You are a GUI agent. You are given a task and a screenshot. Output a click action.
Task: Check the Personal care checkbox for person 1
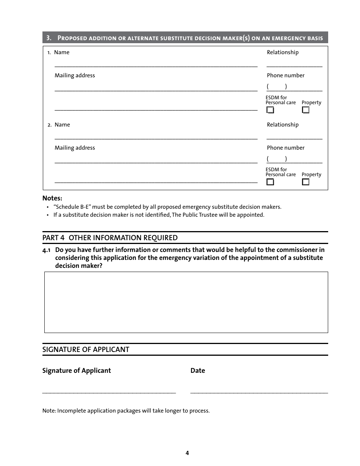point(270,110)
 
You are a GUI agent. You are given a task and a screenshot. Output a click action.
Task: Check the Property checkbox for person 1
point(306,110)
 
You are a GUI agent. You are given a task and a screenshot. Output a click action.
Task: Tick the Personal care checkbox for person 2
point(270,182)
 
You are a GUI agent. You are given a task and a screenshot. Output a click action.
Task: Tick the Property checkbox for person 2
point(306,182)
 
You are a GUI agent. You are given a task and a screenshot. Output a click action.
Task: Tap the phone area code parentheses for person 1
point(277,87)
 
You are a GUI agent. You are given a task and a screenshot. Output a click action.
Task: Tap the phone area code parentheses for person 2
point(277,159)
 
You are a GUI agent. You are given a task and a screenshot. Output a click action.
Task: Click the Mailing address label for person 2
point(75,148)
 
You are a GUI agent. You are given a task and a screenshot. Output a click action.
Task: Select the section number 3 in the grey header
point(49,38)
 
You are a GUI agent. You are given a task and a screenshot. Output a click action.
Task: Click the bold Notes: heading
point(52,198)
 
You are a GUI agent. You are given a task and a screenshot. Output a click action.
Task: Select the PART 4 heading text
point(110,238)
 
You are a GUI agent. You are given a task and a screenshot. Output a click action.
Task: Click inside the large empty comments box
point(186,302)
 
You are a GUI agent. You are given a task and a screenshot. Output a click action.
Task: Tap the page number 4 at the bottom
point(187,453)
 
